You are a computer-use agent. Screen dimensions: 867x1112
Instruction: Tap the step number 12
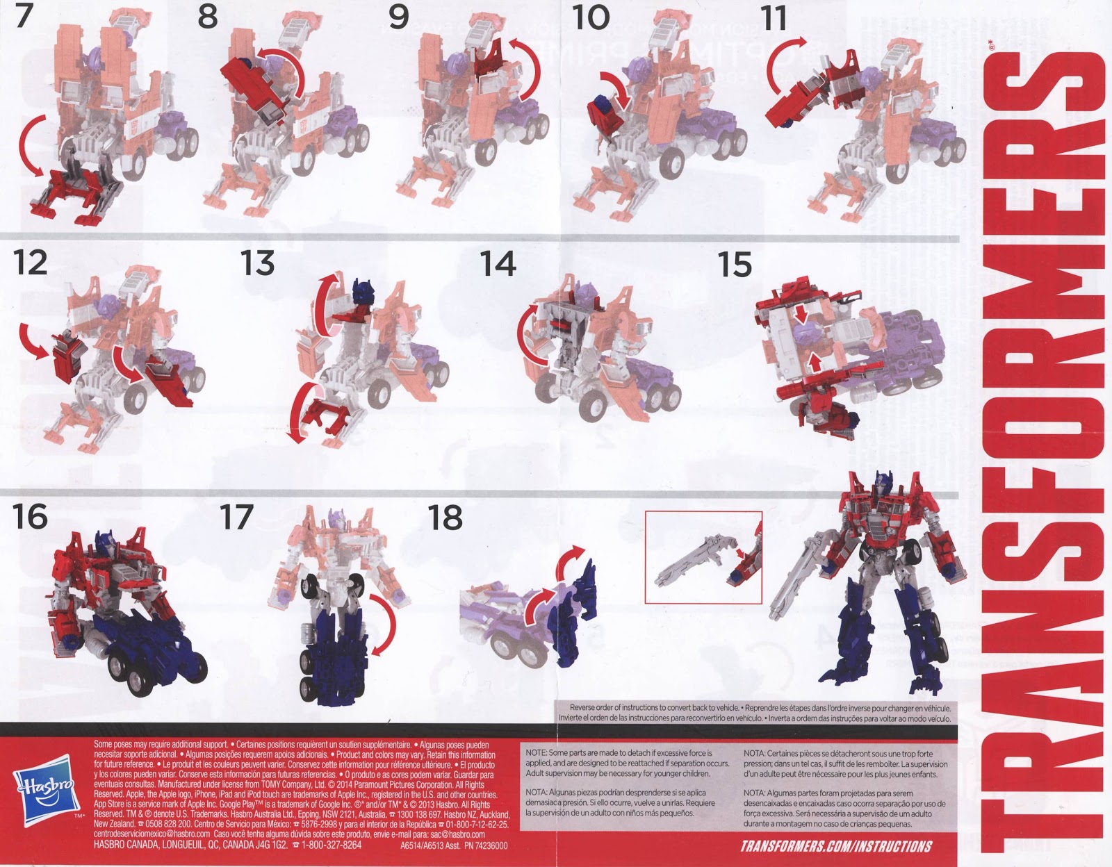click(x=30, y=263)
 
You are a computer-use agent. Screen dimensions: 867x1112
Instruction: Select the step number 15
click(x=735, y=265)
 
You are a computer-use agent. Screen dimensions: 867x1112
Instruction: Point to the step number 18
click(x=445, y=518)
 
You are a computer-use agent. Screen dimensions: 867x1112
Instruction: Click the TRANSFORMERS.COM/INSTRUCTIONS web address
click(x=836, y=846)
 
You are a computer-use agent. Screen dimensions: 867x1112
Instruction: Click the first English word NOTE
click(x=536, y=753)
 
